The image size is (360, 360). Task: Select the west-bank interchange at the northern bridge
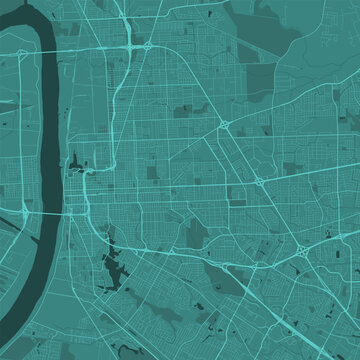pos(18,49)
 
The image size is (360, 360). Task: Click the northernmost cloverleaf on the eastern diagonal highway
pos(223,124)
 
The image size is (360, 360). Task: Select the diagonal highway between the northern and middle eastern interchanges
pos(241,152)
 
